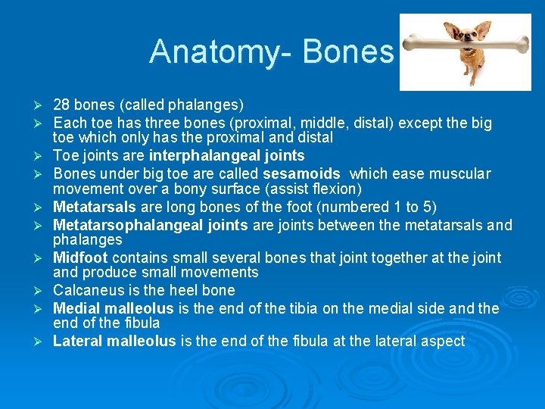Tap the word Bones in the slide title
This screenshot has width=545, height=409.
click(x=347, y=52)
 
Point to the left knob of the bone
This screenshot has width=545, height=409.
click(x=410, y=43)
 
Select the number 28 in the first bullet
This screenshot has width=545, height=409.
click(x=61, y=105)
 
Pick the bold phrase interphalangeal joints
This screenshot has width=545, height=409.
click(x=227, y=156)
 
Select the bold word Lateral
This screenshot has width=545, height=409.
click(x=78, y=342)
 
